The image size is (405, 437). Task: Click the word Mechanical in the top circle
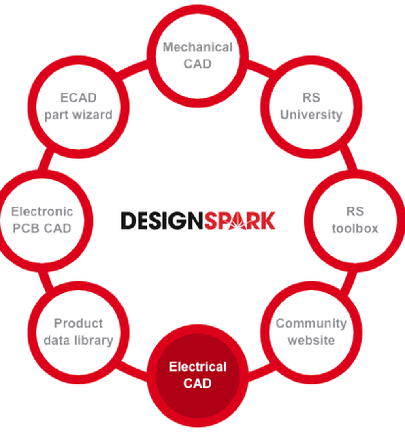198,47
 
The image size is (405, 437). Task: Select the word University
311,115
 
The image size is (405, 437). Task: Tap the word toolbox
355,228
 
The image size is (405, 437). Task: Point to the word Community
311,324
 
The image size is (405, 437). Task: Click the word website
311,340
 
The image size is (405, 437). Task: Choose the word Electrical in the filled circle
198,367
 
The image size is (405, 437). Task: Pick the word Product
78,323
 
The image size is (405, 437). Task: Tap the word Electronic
42,211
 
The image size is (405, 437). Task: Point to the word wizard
94,115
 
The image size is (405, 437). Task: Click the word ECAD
78,98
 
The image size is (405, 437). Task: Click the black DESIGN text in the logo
162,220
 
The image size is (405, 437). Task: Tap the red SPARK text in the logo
240,220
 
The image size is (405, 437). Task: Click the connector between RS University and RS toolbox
348,157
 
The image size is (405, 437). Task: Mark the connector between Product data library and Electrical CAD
131,371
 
